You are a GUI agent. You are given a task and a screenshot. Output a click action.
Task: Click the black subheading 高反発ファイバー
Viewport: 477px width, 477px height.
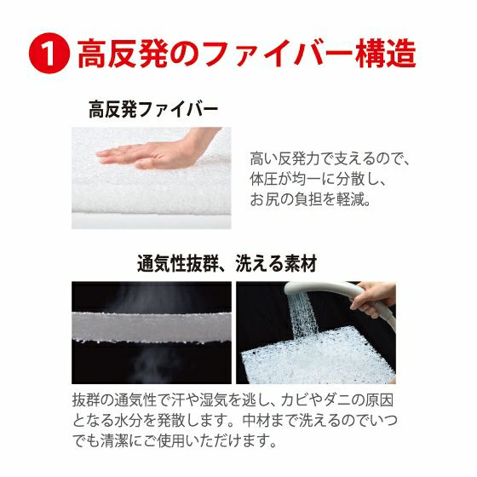point(153,111)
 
